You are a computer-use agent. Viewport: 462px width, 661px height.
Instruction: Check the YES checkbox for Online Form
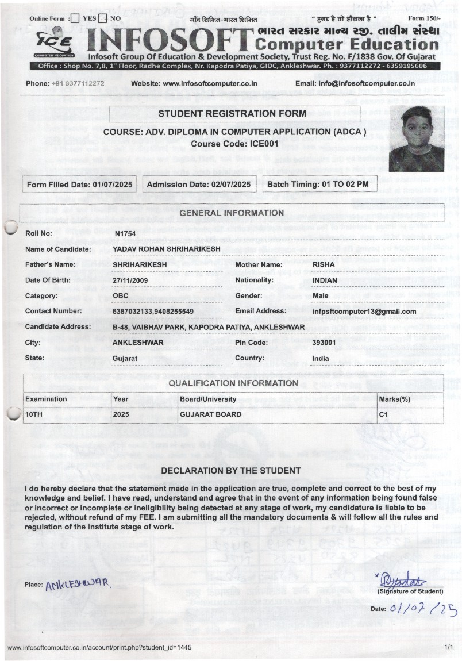(75, 18)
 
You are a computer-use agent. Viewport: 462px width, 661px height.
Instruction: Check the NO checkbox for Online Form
(103, 18)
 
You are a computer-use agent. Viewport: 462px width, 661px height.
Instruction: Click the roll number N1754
(125, 233)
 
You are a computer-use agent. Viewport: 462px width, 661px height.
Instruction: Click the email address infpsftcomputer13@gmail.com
(364, 312)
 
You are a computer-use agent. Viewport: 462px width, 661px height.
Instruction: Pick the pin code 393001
(324, 343)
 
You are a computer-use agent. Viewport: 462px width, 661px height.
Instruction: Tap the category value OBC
(121, 296)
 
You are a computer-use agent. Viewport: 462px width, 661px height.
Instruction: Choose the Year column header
(121, 399)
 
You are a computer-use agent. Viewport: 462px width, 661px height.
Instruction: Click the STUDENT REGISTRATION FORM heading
(233, 114)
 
